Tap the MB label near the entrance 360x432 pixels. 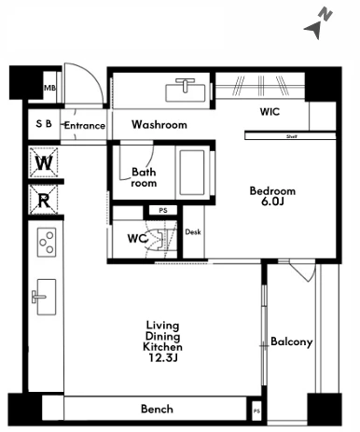[x=49, y=88]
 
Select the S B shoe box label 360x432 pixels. [x=44, y=124]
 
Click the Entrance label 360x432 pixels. [x=85, y=126]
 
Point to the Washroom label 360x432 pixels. [x=159, y=125]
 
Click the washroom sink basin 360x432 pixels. [x=186, y=91]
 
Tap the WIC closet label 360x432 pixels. [x=270, y=112]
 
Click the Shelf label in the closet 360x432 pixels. [x=292, y=136]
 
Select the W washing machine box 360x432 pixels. [x=44, y=162]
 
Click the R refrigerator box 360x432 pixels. [x=44, y=200]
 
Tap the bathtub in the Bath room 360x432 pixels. [x=192, y=173]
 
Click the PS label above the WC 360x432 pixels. [x=163, y=211]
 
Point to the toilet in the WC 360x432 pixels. [x=158, y=239]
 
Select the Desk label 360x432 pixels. [x=193, y=232]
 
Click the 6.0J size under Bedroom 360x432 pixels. [x=272, y=202]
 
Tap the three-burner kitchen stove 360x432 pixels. [x=47, y=243]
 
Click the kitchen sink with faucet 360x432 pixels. [x=45, y=297]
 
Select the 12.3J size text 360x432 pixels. [x=163, y=358]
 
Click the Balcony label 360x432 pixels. [x=292, y=341]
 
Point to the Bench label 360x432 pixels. [x=157, y=409]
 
